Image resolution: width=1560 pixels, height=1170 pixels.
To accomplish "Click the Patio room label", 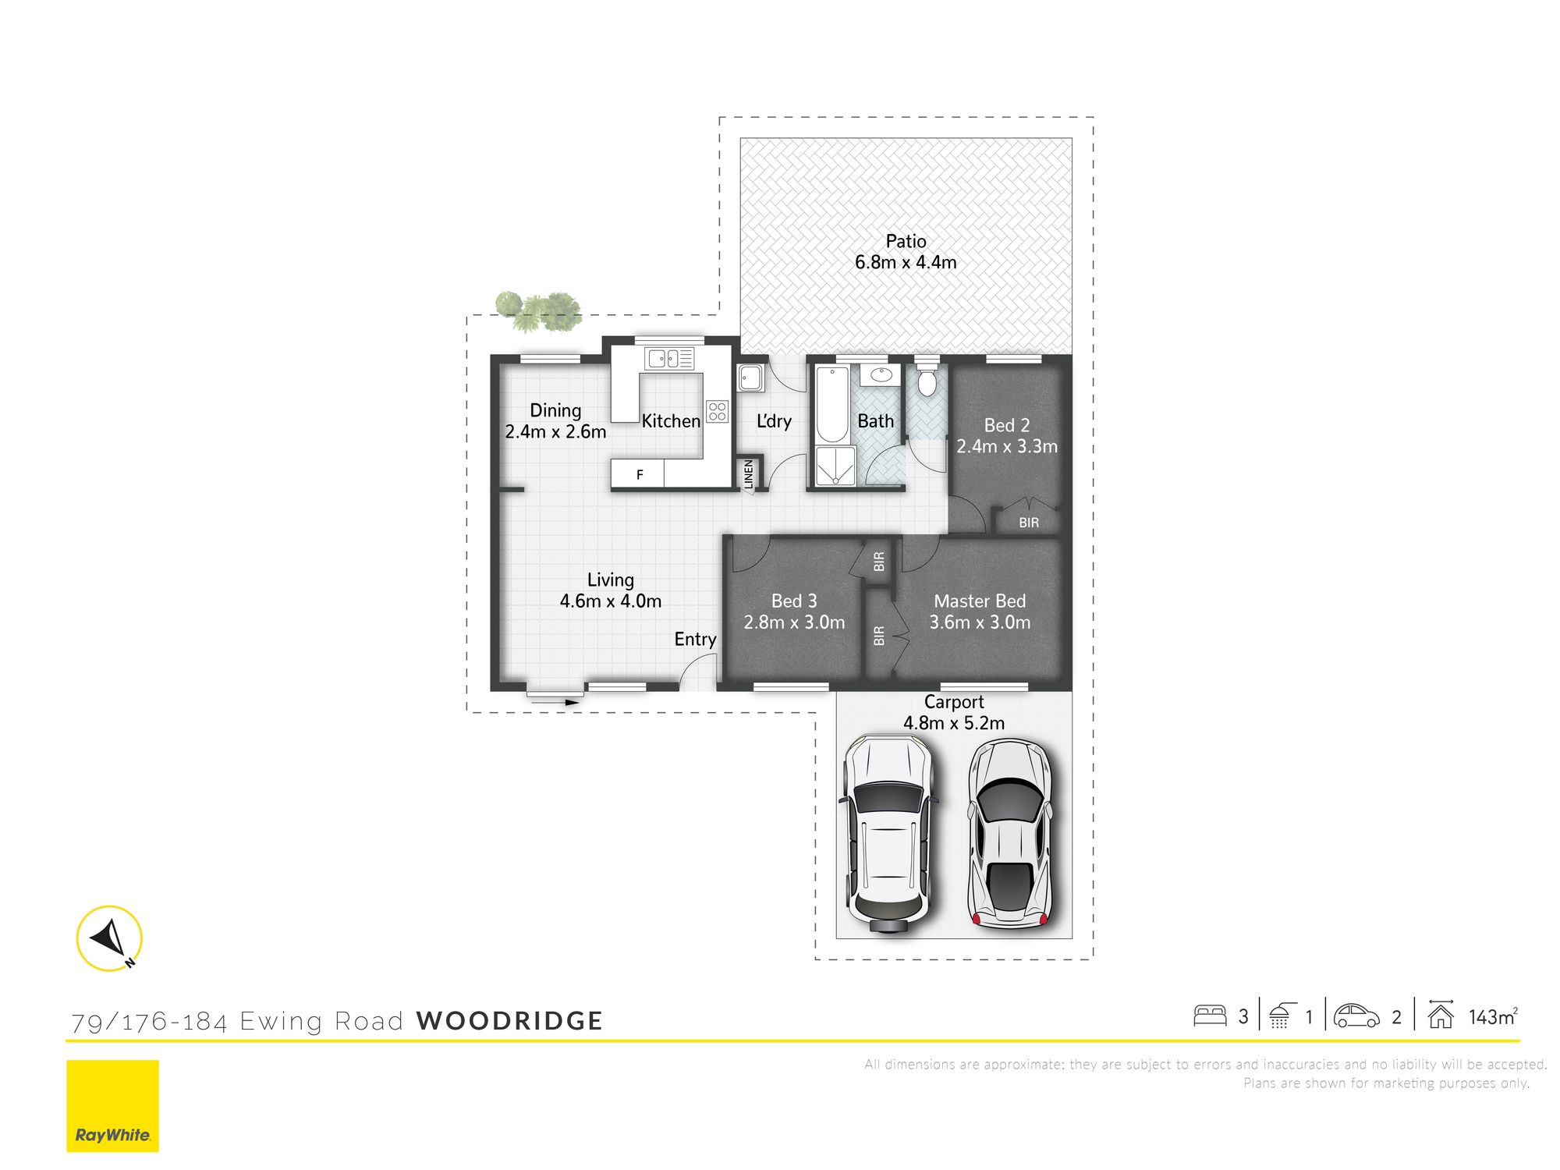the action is (x=906, y=242).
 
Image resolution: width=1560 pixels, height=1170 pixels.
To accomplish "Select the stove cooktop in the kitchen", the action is (x=718, y=411).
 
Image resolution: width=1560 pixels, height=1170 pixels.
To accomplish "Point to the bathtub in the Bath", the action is (x=832, y=404).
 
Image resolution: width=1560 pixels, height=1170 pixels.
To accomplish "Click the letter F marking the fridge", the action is (x=640, y=474).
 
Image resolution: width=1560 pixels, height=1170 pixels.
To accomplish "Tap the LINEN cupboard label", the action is (x=749, y=474).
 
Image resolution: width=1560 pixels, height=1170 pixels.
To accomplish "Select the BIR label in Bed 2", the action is (x=1029, y=523).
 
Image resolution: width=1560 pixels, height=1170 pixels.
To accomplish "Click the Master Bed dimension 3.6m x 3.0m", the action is (x=980, y=622).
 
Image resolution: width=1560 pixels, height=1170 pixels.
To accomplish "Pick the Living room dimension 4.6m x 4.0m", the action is (x=611, y=601).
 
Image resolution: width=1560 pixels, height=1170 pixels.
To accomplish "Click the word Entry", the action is (x=695, y=640).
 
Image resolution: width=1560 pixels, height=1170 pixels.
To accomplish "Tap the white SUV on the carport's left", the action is (x=887, y=833).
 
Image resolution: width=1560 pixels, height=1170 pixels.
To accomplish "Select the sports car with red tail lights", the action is (x=1010, y=834).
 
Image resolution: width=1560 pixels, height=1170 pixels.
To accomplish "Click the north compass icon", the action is (x=110, y=938).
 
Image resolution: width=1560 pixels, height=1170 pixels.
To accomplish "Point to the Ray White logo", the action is (x=112, y=1105).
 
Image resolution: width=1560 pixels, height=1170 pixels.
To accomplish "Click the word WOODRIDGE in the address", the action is (x=509, y=1021).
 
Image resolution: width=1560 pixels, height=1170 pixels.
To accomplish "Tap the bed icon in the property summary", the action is (x=1210, y=1016).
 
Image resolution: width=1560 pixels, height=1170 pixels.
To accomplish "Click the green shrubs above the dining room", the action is (x=539, y=310).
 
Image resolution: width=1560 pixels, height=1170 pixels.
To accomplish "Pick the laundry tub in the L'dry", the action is (x=752, y=378).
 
